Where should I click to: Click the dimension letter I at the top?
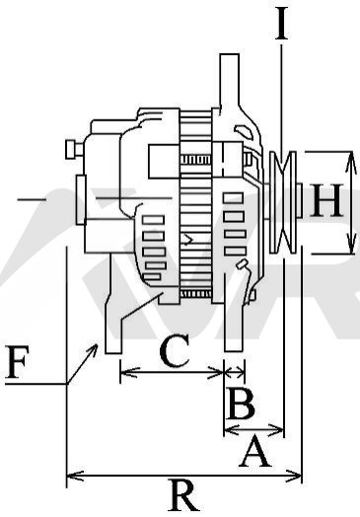[x=281, y=23]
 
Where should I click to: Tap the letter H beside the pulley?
[x=326, y=200]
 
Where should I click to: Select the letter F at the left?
[x=17, y=362]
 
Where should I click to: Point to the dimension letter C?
[x=175, y=350]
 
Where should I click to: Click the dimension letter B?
[x=241, y=403]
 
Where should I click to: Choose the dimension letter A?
[x=254, y=451]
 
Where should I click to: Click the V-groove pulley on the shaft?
[x=283, y=202]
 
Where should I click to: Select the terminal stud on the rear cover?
[x=74, y=150]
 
